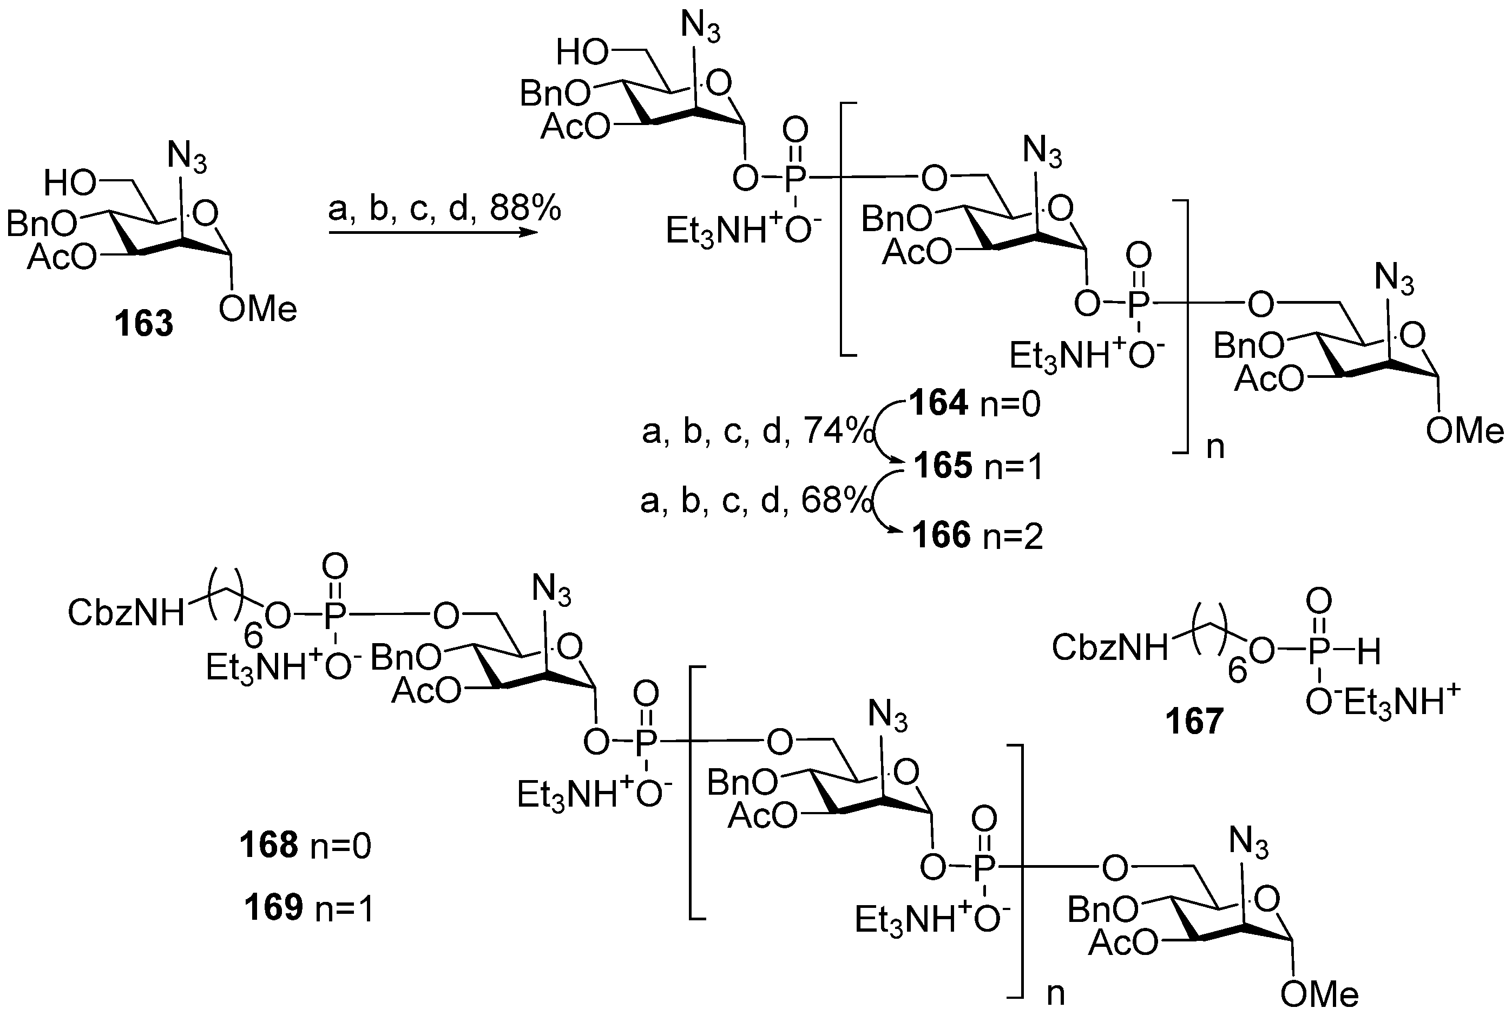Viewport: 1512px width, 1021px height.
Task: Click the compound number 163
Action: click(x=144, y=323)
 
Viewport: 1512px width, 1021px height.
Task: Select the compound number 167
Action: click(x=1194, y=721)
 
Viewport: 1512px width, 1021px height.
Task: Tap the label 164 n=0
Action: click(x=975, y=403)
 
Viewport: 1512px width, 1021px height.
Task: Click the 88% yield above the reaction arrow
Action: click(x=525, y=209)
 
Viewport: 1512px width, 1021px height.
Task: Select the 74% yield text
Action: click(x=838, y=431)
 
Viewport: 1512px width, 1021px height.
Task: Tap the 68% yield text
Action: click(x=836, y=501)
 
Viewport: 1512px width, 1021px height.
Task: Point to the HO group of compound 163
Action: click(x=70, y=185)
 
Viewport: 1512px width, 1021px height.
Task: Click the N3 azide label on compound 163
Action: click(x=187, y=158)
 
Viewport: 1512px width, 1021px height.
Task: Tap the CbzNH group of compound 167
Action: click(x=1110, y=648)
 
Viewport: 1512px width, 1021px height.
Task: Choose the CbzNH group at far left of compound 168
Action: click(x=126, y=613)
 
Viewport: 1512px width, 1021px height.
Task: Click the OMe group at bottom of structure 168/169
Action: click(x=1319, y=994)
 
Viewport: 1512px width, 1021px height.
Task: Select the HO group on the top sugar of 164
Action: click(x=582, y=54)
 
